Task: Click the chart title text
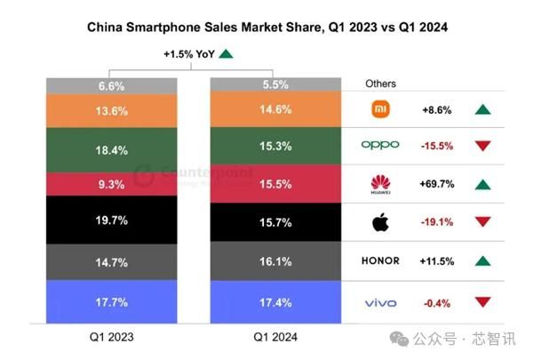(266, 28)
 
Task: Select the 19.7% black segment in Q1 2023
(110, 220)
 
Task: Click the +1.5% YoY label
(189, 54)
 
